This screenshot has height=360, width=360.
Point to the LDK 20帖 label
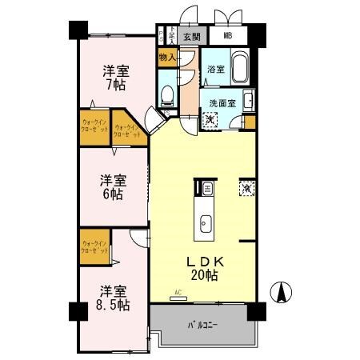(204, 268)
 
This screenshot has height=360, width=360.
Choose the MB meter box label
(228, 36)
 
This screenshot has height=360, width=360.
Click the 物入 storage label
(167, 57)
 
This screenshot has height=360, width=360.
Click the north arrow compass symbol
(282, 294)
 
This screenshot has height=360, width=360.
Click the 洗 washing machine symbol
(209, 120)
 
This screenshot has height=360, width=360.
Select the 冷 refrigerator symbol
(245, 189)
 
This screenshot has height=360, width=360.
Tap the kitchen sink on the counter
(204, 222)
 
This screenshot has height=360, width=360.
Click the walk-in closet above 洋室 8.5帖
(94, 246)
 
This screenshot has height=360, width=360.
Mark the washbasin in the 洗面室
(249, 101)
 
